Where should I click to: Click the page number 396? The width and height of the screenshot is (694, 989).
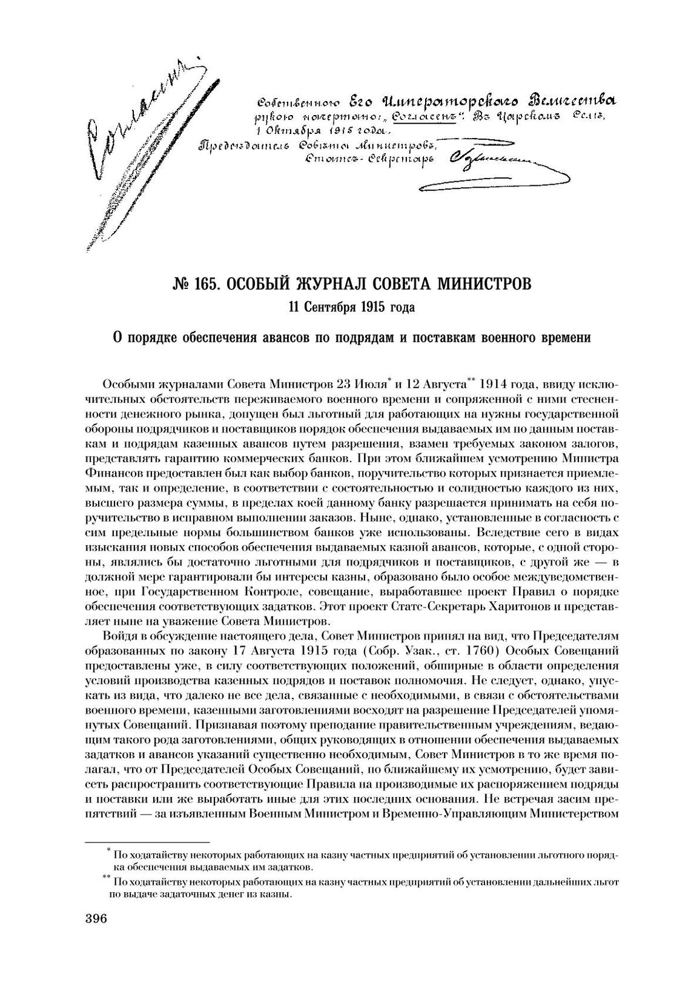coord(92,919)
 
